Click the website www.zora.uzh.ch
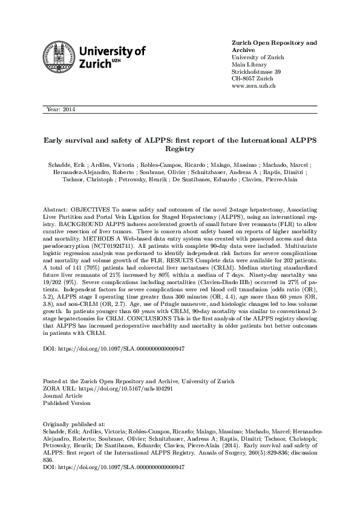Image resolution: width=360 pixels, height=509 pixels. pos(254,86)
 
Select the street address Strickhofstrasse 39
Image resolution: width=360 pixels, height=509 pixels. pos(257,71)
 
